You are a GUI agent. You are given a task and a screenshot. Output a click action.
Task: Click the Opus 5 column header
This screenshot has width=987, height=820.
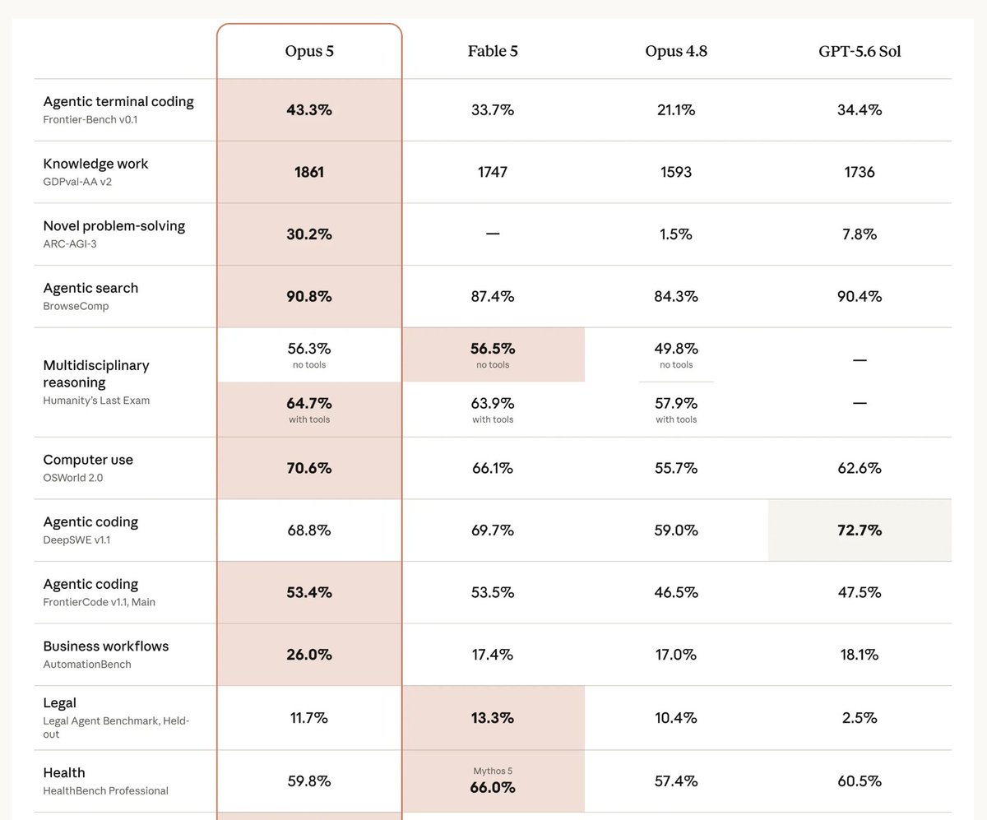pos(309,51)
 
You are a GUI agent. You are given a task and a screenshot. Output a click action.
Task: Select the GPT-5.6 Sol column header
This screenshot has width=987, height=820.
pos(860,51)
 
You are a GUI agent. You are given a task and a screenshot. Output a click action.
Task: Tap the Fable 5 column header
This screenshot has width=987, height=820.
pos(493,51)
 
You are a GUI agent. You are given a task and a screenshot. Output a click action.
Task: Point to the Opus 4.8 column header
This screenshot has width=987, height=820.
pos(676,51)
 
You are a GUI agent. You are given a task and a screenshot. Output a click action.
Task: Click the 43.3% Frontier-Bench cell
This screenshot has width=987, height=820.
pos(309,110)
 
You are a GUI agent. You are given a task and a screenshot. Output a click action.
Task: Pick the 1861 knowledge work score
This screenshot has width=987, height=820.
pos(309,172)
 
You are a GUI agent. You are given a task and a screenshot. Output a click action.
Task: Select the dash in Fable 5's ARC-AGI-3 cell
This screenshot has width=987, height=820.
pos(493,234)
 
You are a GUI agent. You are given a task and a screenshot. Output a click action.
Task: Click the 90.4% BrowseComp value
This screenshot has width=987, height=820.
pos(860,296)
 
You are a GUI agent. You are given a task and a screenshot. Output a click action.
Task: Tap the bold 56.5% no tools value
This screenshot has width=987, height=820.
pos(493,349)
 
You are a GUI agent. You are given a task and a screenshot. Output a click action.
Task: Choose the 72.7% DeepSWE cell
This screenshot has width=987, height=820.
pos(860,530)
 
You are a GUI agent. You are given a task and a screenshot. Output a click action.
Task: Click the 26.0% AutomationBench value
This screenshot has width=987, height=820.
pos(309,655)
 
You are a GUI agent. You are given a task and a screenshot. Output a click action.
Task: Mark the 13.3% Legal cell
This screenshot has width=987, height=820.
pos(493,718)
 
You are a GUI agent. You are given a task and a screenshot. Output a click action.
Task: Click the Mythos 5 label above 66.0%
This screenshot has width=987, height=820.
pos(493,771)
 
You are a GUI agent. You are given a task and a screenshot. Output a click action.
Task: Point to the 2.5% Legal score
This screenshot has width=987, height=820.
pos(860,718)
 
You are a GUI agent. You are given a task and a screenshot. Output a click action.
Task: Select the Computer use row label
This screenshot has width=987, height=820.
pos(88,460)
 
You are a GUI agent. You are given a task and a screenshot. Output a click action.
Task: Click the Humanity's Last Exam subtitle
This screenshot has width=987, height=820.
pos(96,401)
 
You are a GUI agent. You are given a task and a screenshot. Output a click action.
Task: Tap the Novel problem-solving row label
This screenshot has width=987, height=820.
pos(114,226)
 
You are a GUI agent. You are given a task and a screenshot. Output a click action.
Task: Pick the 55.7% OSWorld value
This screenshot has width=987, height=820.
pos(676,468)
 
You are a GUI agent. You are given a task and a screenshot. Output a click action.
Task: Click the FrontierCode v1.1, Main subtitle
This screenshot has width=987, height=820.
pos(100,602)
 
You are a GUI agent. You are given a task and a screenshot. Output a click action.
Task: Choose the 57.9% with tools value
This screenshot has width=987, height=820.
pos(676,404)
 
